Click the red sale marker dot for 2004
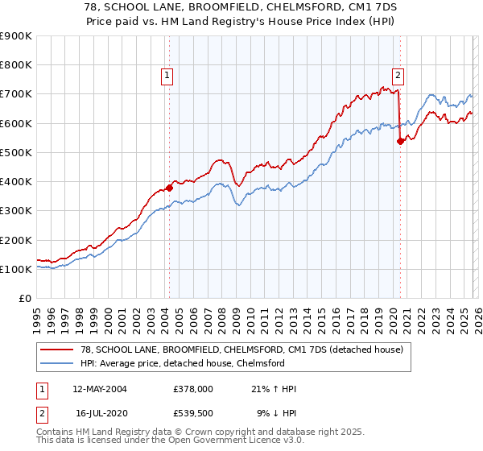tap(169, 188)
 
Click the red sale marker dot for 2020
tap(400, 141)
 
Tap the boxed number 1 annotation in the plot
tap(167, 77)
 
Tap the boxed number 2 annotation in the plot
tap(398, 77)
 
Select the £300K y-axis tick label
tap(16, 211)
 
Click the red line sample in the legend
tap(56, 349)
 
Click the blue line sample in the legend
tap(56, 362)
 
